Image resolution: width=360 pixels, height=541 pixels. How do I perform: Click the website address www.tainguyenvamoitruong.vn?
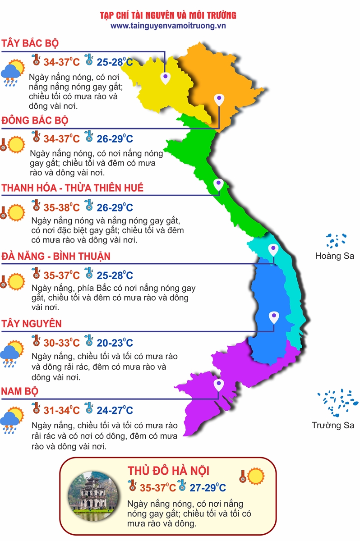[168, 26]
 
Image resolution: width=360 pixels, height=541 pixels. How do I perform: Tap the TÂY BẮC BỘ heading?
[30, 43]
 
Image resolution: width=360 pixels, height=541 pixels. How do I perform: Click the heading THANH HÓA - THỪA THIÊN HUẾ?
[73, 188]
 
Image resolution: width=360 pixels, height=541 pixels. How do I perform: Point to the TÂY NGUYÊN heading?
[32, 324]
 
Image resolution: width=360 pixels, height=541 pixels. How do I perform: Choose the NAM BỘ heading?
[19, 391]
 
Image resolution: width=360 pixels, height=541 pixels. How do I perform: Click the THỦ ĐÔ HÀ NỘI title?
[168, 471]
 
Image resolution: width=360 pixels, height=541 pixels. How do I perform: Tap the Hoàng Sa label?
[334, 256]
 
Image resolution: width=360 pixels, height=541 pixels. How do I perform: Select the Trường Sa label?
[333, 425]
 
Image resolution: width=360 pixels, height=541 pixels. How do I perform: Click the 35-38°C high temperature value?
[61, 208]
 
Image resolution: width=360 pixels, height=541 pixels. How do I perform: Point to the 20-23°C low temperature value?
[115, 343]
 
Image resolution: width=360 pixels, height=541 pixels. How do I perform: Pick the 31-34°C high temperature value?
[61, 410]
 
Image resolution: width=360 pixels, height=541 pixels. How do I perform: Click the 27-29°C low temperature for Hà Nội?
[208, 487]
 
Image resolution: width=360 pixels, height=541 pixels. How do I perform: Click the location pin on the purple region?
[219, 385]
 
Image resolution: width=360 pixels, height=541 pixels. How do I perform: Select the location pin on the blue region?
[273, 317]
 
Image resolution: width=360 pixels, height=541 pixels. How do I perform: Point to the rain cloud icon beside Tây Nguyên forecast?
[12, 353]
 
